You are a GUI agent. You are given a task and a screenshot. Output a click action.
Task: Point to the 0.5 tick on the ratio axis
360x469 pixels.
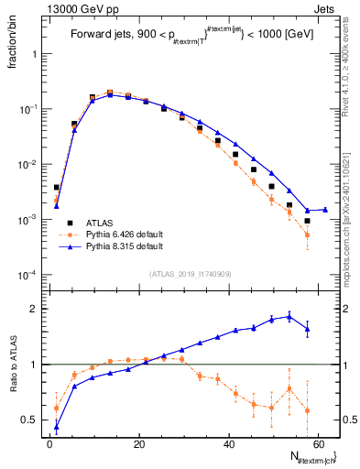coord(31,420)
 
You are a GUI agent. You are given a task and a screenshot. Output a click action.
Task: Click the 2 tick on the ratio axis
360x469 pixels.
coord(35,309)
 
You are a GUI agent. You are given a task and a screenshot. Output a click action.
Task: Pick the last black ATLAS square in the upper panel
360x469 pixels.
coord(308,221)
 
